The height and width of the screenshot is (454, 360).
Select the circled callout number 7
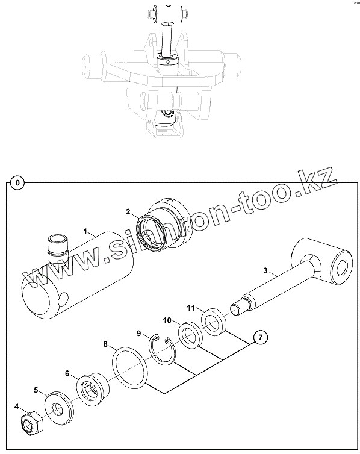[x=261, y=337]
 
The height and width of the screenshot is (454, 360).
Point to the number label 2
[x=128, y=212]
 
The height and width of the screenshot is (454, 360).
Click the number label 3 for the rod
[x=265, y=271]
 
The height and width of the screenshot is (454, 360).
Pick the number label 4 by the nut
[x=16, y=407]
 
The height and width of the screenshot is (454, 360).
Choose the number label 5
[x=36, y=390]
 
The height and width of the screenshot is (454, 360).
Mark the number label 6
[x=67, y=373]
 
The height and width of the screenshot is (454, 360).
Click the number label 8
[x=105, y=344]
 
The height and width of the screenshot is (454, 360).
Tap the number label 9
[x=139, y=334]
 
